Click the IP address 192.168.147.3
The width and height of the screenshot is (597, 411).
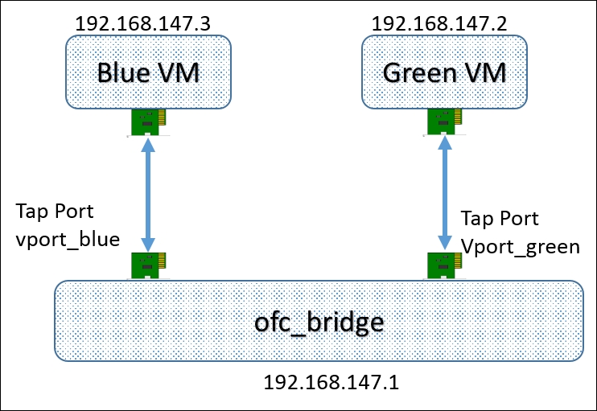coord(142,23)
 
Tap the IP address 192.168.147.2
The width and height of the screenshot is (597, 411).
coord(439,23)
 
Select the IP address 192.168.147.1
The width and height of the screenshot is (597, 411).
coord(331,382)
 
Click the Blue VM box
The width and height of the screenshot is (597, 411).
coord(148,72)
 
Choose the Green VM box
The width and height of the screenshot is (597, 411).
coord(444,72)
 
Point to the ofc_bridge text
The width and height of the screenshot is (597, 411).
coord(319,323)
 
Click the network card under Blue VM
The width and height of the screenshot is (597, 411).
coord(148,122)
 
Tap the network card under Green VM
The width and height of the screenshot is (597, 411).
coord(444,122)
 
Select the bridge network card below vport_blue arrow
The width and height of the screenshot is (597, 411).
coord(148,265)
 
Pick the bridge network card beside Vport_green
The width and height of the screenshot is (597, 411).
coord(444,265)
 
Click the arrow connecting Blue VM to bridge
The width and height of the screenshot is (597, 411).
coord(148,195)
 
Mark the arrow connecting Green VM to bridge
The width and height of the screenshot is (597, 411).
coord(445,193)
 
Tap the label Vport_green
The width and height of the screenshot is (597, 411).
coord(521,247)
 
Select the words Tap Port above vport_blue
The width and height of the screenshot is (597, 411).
coord(55,212)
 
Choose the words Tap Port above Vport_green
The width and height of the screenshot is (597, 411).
coord(500,219)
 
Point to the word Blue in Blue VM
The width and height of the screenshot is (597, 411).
coord(123,72)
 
